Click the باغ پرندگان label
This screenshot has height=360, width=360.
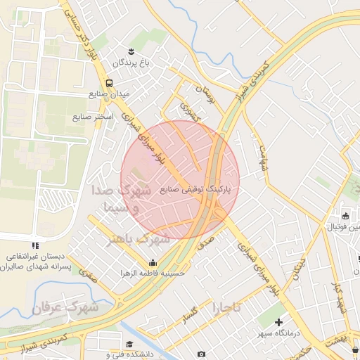pyautogui.click(x=131, y=63)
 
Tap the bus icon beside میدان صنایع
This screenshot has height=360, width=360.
pyautogui.click(x=108, y=82)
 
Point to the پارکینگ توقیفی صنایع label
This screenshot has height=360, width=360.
pyautogui.click(x=200, y=189)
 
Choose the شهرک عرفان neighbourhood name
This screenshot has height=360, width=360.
pyautogui.click(x=67, y=307)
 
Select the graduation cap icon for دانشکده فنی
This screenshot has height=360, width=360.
pyautogui.click(x=129, y=344)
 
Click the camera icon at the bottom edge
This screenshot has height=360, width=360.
pyautogui.click(x=202, y=354)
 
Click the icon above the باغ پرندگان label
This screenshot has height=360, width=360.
pyautogui.click(x=131, y=51)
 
